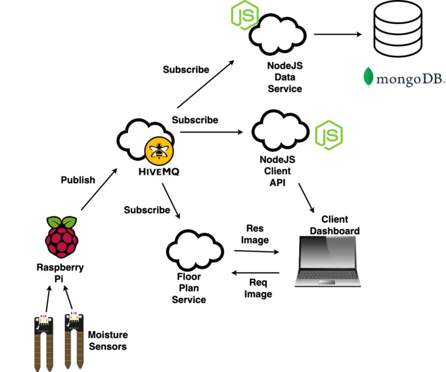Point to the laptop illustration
tap(328, 261)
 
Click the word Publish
tap(78, 179)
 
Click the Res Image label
tap(255, 234)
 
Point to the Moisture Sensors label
tap(108, 341)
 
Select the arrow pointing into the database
tap(338, 34)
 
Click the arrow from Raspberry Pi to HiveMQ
tap(99, 190)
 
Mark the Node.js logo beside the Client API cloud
tap(328, 135)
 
